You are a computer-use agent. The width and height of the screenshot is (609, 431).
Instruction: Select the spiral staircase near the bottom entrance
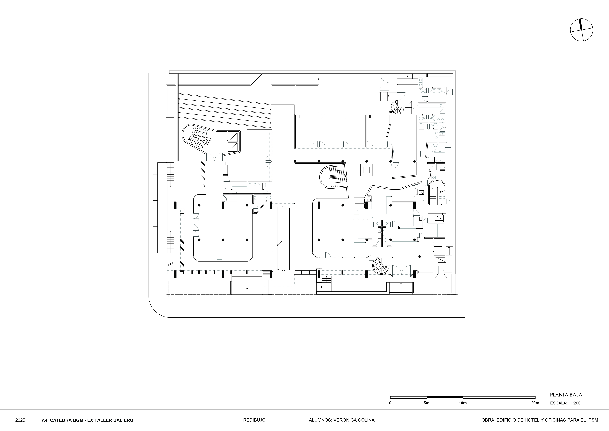[x=381, y=266]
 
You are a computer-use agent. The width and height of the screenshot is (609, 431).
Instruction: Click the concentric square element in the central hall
[x=367, y=170]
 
